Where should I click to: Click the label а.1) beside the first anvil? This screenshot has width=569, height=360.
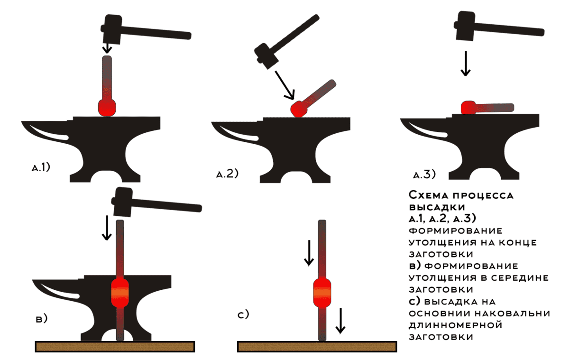[41, 167]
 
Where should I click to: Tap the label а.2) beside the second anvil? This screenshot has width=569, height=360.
[227, 174]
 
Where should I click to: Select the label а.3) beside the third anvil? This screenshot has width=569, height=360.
[424, 175]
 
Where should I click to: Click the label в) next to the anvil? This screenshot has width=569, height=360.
[42, 319]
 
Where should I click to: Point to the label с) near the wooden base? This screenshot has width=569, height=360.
[243, 314]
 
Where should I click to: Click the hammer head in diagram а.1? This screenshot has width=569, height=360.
[111, 29]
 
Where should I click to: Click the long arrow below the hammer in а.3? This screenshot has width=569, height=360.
[466, 64]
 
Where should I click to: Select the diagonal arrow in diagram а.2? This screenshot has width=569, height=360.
[285, 85]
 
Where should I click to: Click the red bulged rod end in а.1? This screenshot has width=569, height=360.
[107, 108]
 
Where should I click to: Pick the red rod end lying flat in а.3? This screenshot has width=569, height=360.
[468, 108]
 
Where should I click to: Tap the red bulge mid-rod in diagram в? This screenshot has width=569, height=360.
[120, 293]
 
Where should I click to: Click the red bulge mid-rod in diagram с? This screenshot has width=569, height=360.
[322, 293]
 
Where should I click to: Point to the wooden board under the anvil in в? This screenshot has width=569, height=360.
[115, 347]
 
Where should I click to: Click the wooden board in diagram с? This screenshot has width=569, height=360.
[317, 347]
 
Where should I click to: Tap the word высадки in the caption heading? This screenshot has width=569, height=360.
[437, 207]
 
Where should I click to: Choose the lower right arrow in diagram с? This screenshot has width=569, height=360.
[340, 321]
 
